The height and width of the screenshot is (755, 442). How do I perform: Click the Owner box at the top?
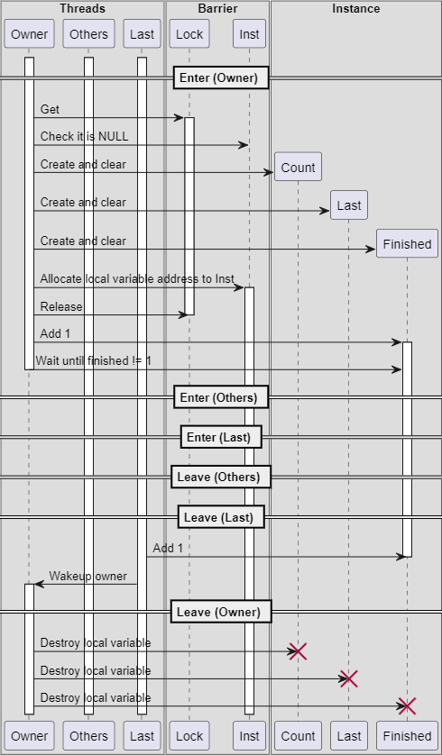pos(29,33)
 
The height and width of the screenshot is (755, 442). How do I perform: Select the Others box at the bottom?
pos(88,736)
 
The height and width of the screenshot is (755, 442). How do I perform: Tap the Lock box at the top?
pos(189,33)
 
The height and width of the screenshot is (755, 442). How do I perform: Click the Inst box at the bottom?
pos(249,736)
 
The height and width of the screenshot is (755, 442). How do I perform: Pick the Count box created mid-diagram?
pos(298,167)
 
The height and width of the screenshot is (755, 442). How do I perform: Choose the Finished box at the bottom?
pos(408,736)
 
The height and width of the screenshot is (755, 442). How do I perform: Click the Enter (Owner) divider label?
pos(221,77)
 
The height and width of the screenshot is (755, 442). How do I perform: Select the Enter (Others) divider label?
pos(221,397)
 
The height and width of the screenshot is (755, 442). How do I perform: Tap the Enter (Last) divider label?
pos(221,437)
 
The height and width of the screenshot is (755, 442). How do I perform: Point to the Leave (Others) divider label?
pos(221,477)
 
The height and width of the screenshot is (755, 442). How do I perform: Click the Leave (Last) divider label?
pos(221,516)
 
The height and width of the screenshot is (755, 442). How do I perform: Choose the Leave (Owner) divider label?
pos(221,612)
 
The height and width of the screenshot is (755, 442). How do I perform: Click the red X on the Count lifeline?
pos(298,651)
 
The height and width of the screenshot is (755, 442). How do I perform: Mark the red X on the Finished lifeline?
pos(408,706)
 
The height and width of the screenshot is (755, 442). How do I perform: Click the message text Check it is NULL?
pos(85,137)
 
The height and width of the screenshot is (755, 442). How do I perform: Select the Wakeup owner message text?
pos(87,577)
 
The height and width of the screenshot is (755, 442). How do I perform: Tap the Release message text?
pos(61,306)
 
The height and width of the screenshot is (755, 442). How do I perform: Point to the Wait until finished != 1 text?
pos(94,360)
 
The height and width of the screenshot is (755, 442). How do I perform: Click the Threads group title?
pos(82,9)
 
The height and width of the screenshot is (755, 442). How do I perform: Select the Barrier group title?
pos(218,9)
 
